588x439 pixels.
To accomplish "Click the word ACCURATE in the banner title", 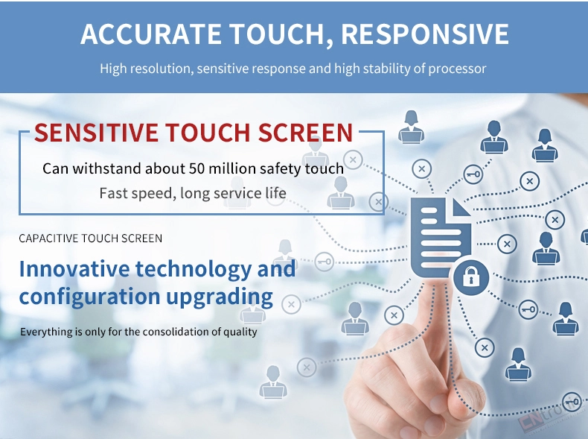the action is point(151,34).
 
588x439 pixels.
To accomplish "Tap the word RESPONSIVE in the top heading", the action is point(425,34).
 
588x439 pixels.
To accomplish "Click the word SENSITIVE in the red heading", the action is point(96,132).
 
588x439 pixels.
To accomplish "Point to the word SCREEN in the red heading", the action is point(306,132).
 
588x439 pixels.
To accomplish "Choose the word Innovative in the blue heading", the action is point(74,269).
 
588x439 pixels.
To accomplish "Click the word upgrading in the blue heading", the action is point(220,297).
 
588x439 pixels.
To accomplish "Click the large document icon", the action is point(441,237).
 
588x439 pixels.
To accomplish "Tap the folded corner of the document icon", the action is point(461,208).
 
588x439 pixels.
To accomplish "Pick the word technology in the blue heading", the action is point(194,269).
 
